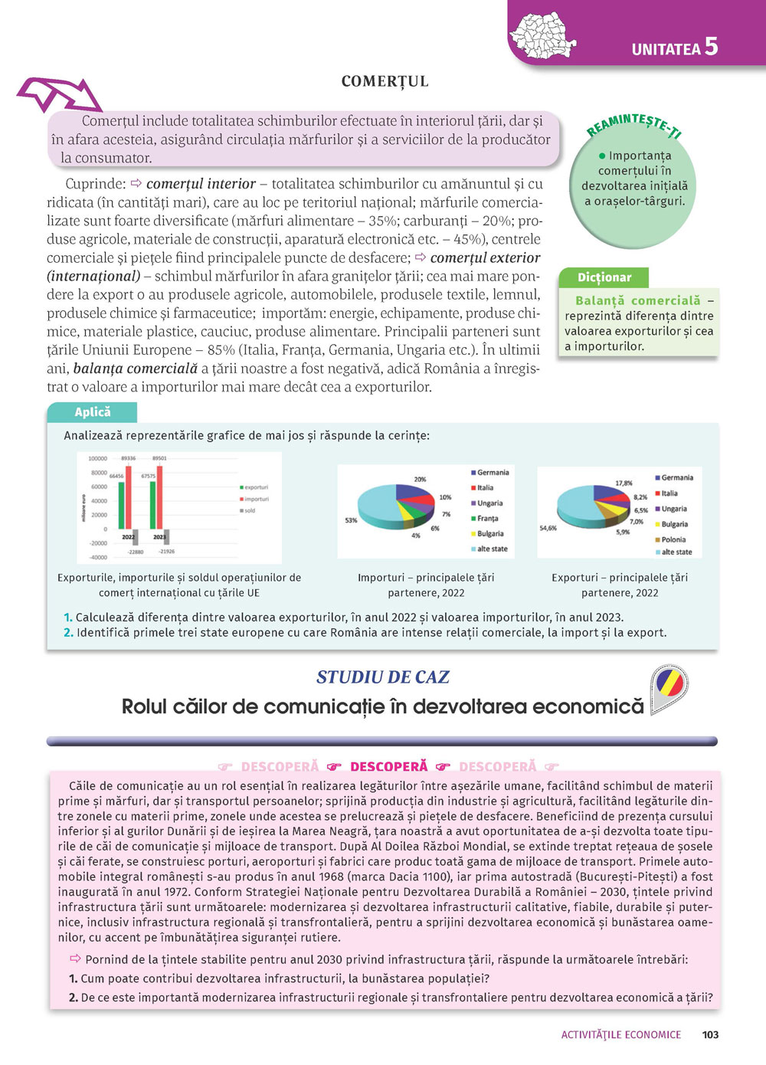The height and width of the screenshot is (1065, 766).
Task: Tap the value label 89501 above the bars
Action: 159,458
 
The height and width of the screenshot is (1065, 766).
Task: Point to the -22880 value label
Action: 135,552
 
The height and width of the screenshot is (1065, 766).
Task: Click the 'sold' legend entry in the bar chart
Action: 250,511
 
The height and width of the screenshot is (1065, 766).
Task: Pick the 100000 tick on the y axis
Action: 98,458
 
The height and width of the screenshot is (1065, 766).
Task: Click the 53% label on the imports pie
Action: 351,520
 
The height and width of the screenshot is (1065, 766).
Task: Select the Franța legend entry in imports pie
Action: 487,519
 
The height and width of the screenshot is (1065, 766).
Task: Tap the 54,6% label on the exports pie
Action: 548,528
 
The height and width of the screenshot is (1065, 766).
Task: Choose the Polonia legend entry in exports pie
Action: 673,539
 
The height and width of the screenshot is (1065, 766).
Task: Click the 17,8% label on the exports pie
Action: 624,483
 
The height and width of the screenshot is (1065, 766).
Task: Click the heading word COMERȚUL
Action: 385,82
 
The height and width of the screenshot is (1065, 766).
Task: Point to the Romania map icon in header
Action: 543,36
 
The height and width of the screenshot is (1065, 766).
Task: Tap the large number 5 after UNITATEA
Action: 711,46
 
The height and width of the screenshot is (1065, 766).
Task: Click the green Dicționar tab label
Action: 604,277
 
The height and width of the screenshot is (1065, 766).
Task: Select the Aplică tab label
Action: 93,412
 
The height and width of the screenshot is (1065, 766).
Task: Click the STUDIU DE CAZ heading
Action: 382,677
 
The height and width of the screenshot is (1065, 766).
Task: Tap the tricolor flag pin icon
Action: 668,688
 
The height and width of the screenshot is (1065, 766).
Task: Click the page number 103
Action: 710,1034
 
